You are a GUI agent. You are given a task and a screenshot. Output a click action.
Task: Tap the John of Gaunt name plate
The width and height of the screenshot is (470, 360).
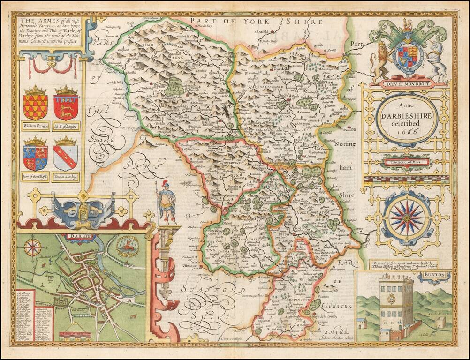[x=35, y=176]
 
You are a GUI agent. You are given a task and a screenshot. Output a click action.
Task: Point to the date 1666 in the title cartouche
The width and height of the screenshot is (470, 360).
[x=407, y=133]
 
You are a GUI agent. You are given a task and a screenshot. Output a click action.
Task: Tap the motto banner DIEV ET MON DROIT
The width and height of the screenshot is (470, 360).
[x=407, y=85]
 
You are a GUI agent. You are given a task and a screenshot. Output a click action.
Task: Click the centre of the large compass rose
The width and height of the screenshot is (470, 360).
[x=407, y=217]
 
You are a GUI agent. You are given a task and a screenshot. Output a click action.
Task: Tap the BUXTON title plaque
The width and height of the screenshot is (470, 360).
[x=434, y=276]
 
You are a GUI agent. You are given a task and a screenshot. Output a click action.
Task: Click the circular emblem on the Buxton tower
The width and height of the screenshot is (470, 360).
[x=391, y=299]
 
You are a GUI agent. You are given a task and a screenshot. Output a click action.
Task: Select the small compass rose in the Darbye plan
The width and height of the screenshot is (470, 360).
[x=33, y=247]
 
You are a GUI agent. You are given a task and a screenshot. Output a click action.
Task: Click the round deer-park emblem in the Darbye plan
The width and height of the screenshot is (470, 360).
[x=128, y=246]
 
